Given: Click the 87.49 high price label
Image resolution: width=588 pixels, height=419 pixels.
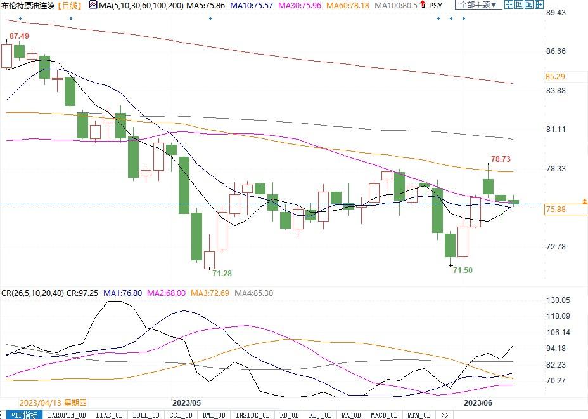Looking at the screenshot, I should pyautogui.click(x=18, y=36).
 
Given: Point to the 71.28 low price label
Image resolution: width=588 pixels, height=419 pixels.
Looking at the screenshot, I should pyautogui.click(x=222, y=273).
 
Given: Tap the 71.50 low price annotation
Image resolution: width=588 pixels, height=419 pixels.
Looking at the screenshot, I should pyautogui.click(x=463, y=270).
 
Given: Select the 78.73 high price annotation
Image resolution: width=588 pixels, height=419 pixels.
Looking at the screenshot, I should pyautogui.click(x=501, y=159).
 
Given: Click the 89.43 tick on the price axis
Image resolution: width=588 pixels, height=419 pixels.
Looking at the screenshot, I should pyautogui.click(x=556, y=13).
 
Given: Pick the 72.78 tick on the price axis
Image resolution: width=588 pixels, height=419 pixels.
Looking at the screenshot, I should pyautogui.click(x=556, y=247).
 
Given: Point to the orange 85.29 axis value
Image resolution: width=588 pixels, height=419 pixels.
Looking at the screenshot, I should pyautogui.click(x=556, y=77).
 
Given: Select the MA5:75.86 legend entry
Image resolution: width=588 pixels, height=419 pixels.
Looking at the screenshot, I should pyautogui.click(x=206, y=5).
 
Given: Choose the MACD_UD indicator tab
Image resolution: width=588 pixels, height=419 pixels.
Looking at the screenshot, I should pyautogui.click(x=384, y=415).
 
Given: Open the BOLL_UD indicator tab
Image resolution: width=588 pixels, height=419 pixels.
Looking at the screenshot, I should pyautogui.click(x=146, y=415).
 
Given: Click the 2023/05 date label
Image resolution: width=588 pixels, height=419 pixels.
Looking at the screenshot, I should pyautogui.click(x=186, y=403).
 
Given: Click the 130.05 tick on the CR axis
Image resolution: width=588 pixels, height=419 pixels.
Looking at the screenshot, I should pyautogui.click(x=558, y=300).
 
